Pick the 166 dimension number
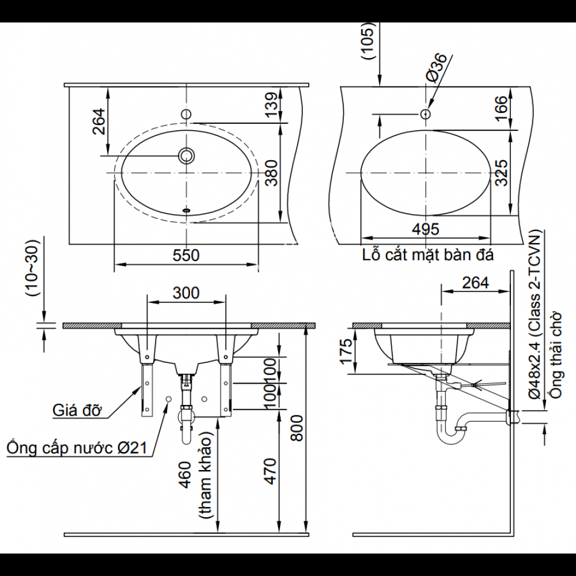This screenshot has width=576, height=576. pyautogui.click(x=501, y=108)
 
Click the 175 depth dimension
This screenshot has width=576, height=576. pyautogui.click(x=344, y=352)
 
